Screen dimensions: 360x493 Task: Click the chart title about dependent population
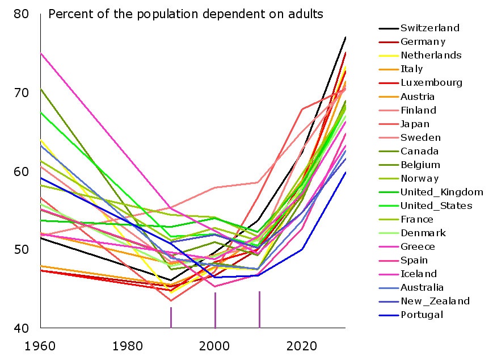[186, 14]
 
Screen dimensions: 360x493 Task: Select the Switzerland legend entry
[429, 28]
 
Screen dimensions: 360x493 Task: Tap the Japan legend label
[415, 124]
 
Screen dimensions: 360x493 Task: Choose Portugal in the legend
[422, 315]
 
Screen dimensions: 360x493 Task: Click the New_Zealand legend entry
[435, 302]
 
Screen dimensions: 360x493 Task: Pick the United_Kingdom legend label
[441, 192]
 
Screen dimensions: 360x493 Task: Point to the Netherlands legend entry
[431, 55]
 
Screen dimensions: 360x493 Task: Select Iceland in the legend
[418, 274]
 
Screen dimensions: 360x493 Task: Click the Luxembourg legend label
[431, 82]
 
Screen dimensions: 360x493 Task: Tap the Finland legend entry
[418, 110]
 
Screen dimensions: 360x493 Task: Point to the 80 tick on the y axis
[21, 13]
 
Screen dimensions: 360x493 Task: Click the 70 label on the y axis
[21, 92]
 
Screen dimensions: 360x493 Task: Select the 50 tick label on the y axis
[21, 250]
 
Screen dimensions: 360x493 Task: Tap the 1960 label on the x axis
[40, 346]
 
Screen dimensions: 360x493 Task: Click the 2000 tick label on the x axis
[214, 346]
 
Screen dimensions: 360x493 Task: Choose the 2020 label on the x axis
[302, 346]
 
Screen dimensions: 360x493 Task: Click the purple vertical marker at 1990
[171, 317]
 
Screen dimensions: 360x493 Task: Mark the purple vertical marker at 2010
[259, 309]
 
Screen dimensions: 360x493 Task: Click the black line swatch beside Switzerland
[388, 28]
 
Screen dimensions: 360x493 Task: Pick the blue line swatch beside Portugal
[388, 315]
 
